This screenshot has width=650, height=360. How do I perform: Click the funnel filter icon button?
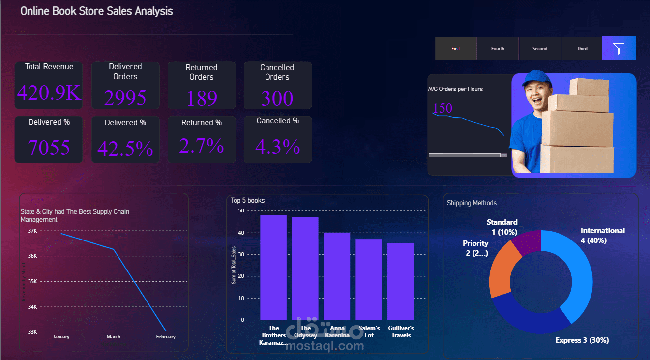619,48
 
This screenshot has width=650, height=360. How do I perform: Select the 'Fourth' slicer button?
498,48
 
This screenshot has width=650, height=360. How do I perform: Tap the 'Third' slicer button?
582,48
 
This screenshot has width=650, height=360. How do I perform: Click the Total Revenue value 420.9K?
49,93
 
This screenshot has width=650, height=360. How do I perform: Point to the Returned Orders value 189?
202,98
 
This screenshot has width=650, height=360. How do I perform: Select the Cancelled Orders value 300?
277,98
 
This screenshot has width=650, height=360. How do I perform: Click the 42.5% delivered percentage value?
125,149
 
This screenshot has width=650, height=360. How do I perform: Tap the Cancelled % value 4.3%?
277,147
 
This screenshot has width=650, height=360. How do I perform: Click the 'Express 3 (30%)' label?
582,340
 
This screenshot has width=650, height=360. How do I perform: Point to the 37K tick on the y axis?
32,231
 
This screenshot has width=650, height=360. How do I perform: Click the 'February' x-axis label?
166,337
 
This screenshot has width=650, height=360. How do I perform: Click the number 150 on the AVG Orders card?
443,108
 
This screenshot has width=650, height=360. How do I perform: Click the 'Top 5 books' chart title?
248,200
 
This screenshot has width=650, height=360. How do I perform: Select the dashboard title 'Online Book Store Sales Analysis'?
96,11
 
